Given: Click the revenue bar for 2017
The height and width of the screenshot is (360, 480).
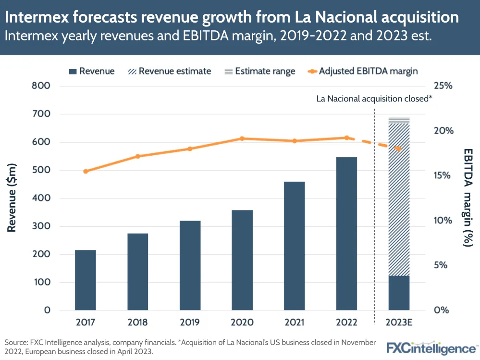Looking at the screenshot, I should (x=86, y=280).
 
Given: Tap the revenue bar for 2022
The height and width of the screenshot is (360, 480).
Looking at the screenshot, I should (x=346, y=234).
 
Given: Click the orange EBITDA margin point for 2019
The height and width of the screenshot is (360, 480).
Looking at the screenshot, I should (x=190, y=149).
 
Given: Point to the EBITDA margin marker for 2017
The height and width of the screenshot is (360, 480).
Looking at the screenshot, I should (x=86, y=171).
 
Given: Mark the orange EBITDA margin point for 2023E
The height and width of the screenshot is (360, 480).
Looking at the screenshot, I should (x=398, y=149).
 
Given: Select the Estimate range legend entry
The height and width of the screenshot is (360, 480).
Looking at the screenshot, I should (x=259, y=71).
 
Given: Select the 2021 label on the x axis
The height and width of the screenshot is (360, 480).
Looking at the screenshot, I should (x=294, y=323).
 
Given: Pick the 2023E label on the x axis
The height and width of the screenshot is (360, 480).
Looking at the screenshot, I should (x=399, y=323).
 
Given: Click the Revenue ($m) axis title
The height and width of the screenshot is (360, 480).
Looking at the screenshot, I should (x=12, y=198).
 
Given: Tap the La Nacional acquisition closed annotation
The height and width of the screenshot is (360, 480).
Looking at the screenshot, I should (x=374, y=99).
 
